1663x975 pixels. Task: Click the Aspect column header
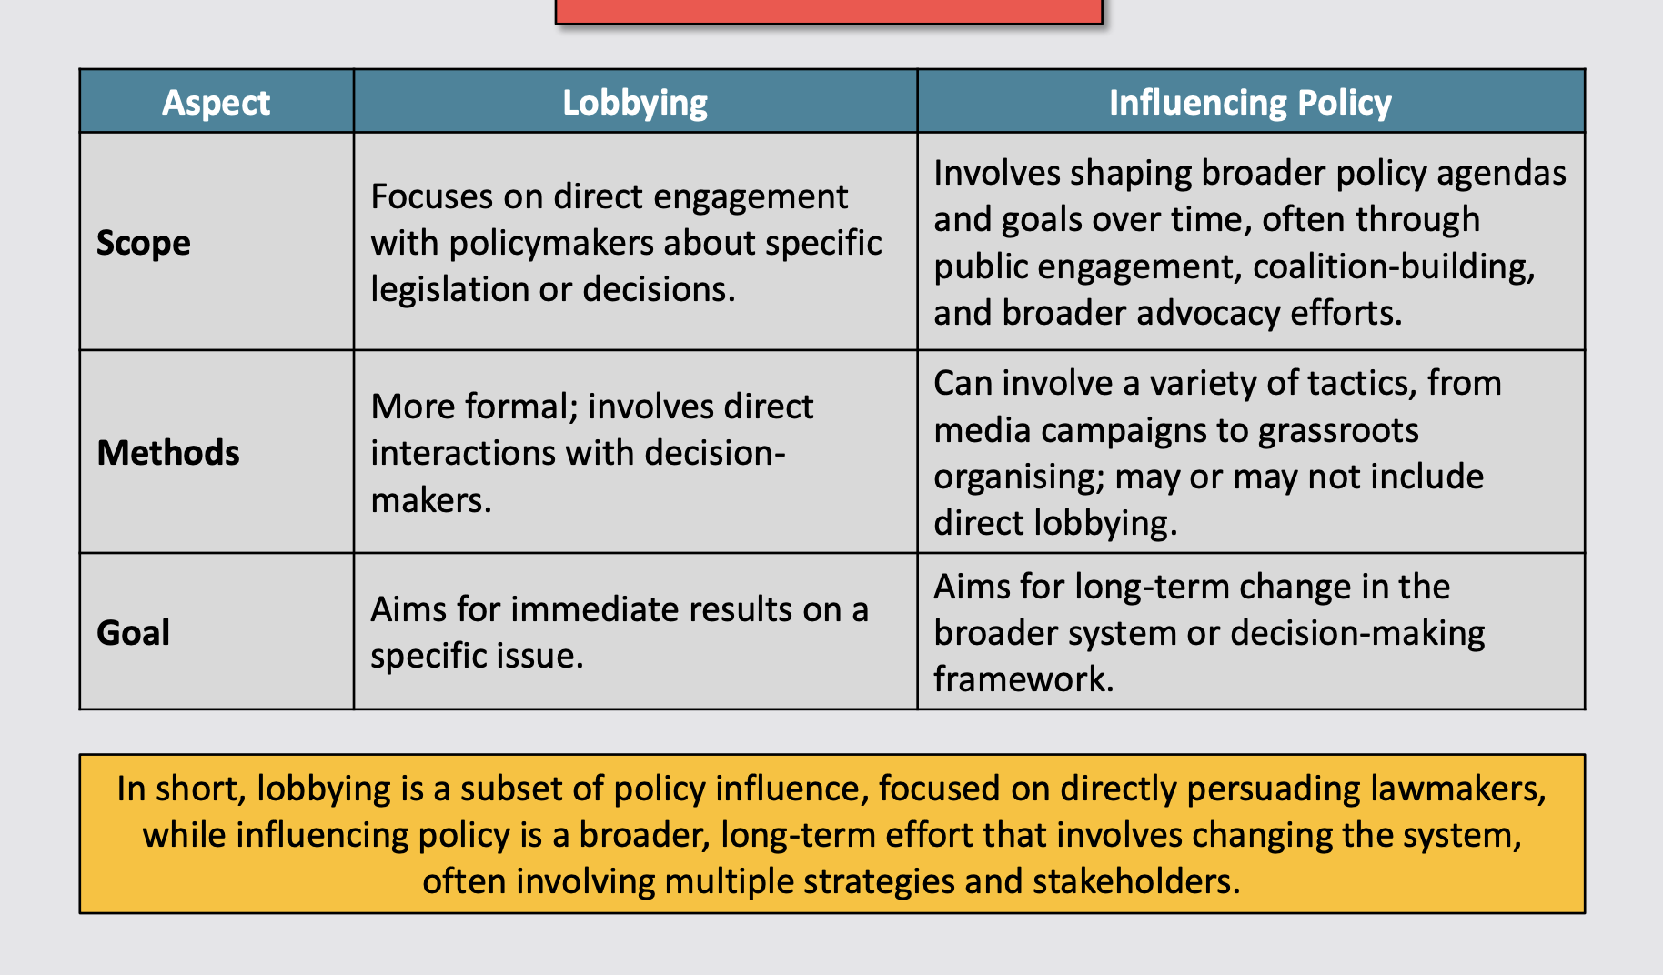click(217, 103)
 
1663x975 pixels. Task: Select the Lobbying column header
click(635, 103)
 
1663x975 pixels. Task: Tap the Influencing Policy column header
click(1250, 103)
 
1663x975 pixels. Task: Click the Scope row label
click(144, 243)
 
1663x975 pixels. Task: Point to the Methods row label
click(168, 453)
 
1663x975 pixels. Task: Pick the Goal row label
click(133, 633)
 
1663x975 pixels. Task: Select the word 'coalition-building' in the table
click(1394, 266)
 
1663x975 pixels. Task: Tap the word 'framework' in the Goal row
click(1023, 679)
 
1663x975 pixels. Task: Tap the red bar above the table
click(829, 11)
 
